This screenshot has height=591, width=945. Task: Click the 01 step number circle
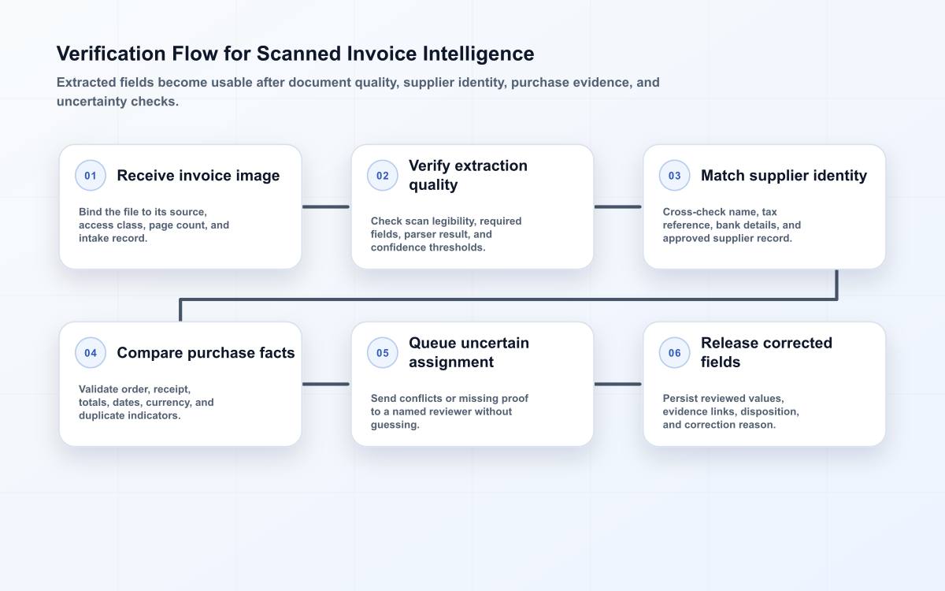click(x=91, y=175)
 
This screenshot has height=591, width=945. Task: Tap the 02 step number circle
click(x=382, y=175)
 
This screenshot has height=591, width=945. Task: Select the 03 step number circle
click(x=674, y=175)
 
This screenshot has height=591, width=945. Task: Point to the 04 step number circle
click(x=91, y=352)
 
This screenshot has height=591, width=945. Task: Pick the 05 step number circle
click(x=382, y=352)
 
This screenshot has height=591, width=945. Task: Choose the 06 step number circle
click(x=674, y=352)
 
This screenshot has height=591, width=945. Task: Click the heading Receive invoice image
click(x=198, y=175)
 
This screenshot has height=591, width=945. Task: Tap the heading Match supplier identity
click(x=784, y=175)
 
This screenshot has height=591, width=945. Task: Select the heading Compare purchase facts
click(x=206, y=352)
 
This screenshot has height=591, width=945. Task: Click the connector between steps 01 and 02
click(x=326, y=206)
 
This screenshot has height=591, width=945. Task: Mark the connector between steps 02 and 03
click(x=618, y=206)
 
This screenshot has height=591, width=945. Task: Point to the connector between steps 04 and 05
click(x=326, y=385)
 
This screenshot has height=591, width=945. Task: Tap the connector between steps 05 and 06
click(x=618, y=385)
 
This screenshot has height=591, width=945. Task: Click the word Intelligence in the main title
click(x=479, y=54)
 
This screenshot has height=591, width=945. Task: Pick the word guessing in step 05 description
click(x=395, y=425)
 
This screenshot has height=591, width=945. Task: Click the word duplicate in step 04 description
click(x=102, y=415)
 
